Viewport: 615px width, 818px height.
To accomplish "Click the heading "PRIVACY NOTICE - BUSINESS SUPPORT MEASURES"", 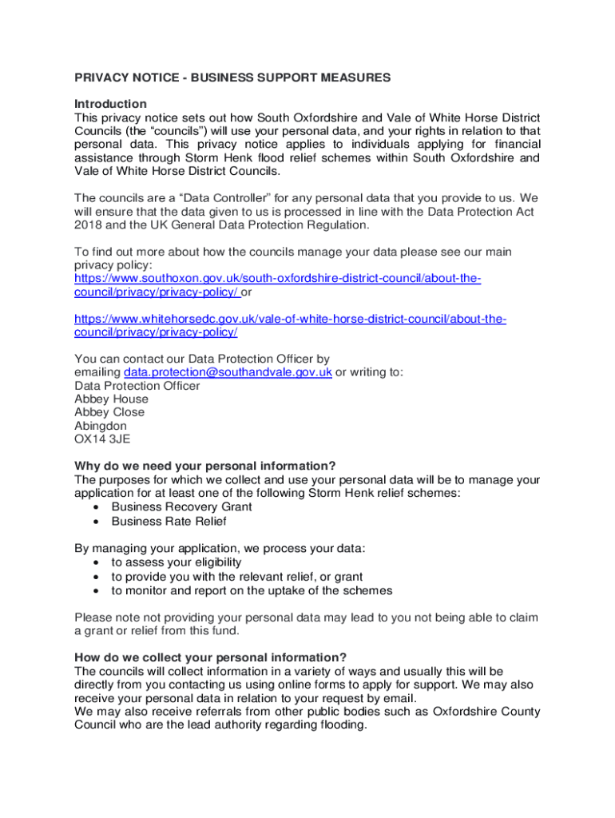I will tap(232, 77).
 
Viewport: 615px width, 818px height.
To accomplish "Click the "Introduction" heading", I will tap(110, 104).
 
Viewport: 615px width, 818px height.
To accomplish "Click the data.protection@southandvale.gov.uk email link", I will tap(228, 372).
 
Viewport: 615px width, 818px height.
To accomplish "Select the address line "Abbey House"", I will tap(111, 399).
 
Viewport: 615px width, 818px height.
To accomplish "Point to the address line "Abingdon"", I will tap(100, 426).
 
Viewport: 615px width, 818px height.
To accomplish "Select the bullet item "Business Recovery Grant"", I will tap(181, 507).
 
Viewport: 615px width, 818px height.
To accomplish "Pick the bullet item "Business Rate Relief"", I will tap(169, 522).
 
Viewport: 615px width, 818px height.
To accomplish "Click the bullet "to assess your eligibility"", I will tap(176, 562).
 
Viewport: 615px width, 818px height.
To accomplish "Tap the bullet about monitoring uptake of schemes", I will tap(252, 590).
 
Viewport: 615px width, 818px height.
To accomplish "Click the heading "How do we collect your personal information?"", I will tap(211, 657).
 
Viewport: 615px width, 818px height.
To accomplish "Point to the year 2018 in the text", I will tap(88, 224).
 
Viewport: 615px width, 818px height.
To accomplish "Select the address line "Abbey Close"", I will tap(109, 412).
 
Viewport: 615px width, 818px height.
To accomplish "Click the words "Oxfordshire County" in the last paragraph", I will tap(486, 712).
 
